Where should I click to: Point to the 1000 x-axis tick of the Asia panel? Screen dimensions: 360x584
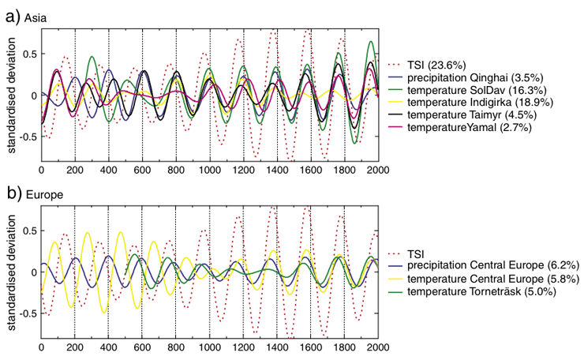(210, 170)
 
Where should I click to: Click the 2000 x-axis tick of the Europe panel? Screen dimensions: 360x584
(378, 347)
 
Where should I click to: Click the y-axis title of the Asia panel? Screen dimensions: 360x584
(10, 95)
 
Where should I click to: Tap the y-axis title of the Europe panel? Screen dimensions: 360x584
(10, 272)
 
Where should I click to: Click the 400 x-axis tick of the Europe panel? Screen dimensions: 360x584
(108, 347)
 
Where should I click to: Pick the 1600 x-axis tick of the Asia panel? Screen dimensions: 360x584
(311, 170)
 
